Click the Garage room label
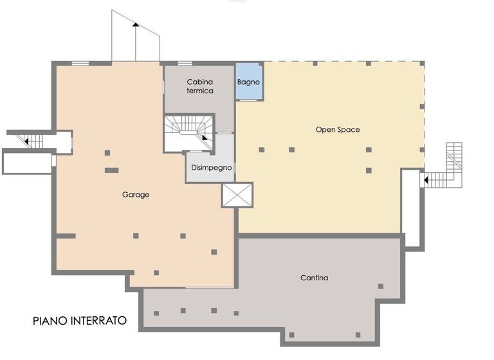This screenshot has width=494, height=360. [136, 195]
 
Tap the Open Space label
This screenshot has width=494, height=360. [337, 130]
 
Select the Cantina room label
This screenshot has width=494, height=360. [314, 278]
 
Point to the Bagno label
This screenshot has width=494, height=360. [248, 82]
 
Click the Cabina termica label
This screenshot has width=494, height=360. [200, 86]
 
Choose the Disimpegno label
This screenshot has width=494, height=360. [209, 167]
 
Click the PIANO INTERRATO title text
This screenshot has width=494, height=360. [80, 320]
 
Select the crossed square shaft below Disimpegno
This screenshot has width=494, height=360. [237, 195]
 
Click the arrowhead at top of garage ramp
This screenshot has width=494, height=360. [135, 24]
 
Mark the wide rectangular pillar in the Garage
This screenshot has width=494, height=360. [112, 170]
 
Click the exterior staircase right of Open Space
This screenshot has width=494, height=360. [450, 168]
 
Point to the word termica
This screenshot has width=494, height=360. [200, 91]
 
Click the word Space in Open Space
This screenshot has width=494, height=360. [348, 130]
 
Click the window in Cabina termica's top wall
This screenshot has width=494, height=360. [185, 63]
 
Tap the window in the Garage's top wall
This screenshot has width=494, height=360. [80, 63]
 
